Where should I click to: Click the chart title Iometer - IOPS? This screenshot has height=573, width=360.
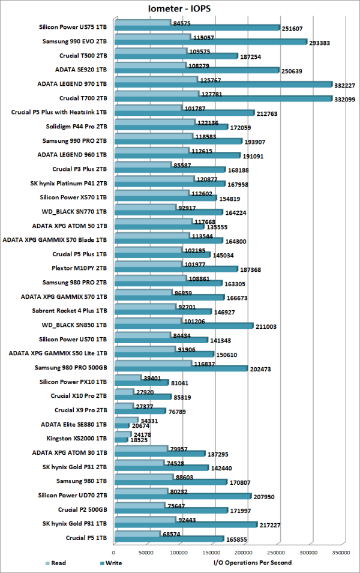[x=179, y=9]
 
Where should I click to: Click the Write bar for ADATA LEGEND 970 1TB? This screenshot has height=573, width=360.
[x=222, y=84]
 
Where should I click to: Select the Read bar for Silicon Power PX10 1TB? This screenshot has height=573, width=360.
[x=127, y=377]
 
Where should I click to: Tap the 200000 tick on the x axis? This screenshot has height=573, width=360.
[x=245, y=552]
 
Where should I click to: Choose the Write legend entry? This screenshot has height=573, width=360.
[x=110, y=563]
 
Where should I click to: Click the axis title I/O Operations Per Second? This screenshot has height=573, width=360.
[x=252, y=563]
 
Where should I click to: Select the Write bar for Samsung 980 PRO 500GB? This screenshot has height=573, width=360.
[x=180, y=368]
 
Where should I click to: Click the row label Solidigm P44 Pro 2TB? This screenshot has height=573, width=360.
[x=77, y=127]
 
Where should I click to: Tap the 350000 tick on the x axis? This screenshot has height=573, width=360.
[x=342, y=552]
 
